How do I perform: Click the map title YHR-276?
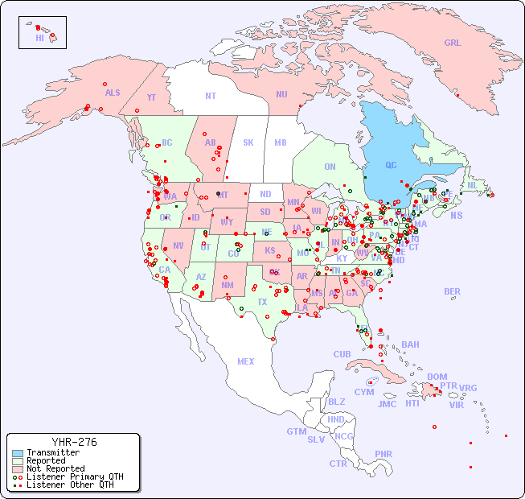pyautogui.click(x=74, y=442)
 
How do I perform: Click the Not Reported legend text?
pyautogui.click(x=55, y=468)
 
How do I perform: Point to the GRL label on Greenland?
pyautogui.click(x=453, y=43)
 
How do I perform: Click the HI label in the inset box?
pyautogui.click(x=39, y=38)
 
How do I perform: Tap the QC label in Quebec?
pyautogui.click(x=391, y=166)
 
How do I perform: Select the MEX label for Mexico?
pyautogui.click(x=246, y=361)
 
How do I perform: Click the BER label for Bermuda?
pyautogui.click(x=452, y=291)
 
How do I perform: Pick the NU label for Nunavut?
pyautogui.click(x=281, y=94)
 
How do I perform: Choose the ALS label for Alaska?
pyautogui.click(x=113, y=93)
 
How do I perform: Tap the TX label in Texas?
pyautogui.click(x=262, y=302)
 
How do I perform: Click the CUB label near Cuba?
pyautogui.click(x=342, y=354)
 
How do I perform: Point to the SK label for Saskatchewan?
pyautogui.click(x=248, y=142)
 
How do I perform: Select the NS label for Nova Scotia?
pyautogui.click(x=456, y=215)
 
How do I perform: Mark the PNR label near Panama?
pyautogui.click(x=383, y=454)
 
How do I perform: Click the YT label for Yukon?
pyautogui.click(x=151, y=97)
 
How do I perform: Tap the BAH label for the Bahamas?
pyautogui.click(x=410, y=344)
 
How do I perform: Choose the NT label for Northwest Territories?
pyautogui.click(x=211, y=96)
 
